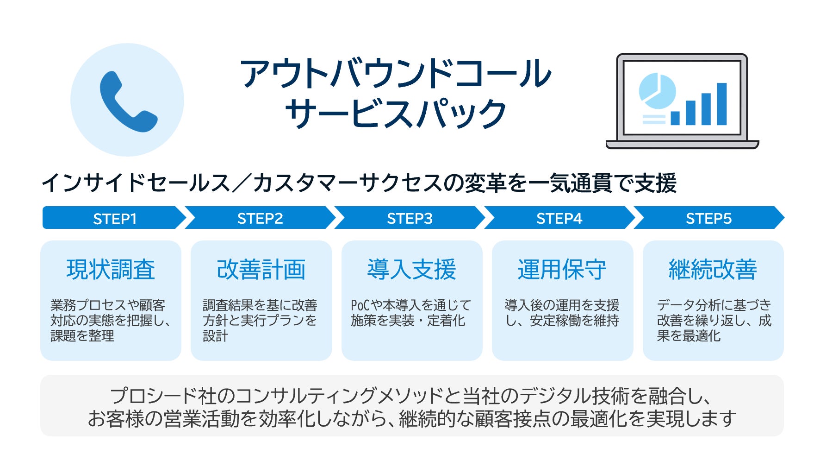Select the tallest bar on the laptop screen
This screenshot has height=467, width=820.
point(721,104)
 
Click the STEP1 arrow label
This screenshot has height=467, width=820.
point(115,219)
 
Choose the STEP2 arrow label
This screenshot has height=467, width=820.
point(260,218)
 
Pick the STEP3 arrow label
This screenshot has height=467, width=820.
point(410,218)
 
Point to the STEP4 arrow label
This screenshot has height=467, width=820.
point(559,218)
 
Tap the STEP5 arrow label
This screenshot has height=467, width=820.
point(708,218)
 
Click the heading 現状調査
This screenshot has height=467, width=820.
point(111,270)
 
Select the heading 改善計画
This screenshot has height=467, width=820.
point(261,270)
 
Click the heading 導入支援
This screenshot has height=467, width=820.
point(412,270)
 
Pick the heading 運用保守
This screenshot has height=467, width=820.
point(562,270)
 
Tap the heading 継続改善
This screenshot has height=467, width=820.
point(713,270)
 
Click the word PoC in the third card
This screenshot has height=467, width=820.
point(360,305)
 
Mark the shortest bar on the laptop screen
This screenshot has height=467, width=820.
point(675,118)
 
